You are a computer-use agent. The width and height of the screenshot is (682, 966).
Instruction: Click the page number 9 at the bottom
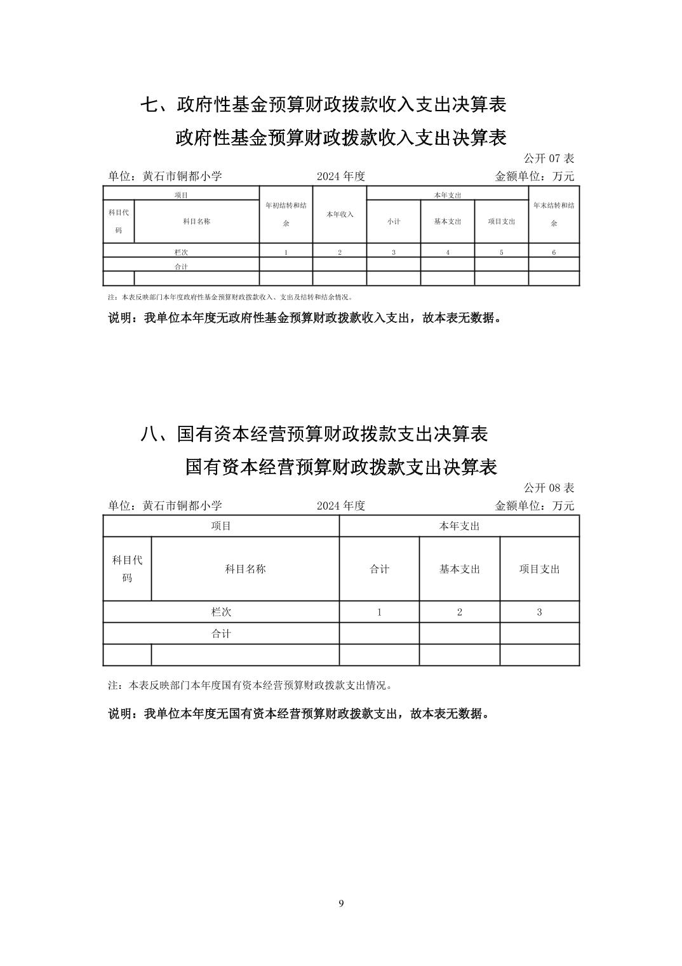click(x=341, y=904)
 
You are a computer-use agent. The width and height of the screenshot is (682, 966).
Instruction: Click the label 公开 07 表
click(x=549, y=158)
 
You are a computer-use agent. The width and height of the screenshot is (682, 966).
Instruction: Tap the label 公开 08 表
click(x=549, y=488)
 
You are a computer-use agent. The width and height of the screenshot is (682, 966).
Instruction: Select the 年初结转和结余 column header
click(x=286, y=214)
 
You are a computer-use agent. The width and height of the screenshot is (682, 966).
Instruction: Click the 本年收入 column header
click(x=340, y=215)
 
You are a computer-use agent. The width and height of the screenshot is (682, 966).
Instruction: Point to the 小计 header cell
click(x=394, y=221)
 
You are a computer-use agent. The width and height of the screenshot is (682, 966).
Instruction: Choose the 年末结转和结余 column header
click(x=554, y=214)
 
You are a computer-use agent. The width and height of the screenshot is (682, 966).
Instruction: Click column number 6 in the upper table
click(x=554, y=252)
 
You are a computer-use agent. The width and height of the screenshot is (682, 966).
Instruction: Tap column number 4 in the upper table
click(x=448, y=252)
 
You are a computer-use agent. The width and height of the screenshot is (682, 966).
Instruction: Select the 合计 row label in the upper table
click(x=181, y=267)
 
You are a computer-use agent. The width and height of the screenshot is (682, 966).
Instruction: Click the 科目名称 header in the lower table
click(x=245, y=569)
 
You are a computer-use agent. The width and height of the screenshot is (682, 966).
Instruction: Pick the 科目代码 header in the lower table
click(x=127, y=569)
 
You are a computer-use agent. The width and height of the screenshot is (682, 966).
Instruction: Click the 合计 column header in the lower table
click(x=379, y=569)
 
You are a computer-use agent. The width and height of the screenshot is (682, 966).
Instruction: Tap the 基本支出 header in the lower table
click(x=459, y=569)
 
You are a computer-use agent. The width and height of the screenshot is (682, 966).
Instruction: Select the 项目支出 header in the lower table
click(x=539, y=569)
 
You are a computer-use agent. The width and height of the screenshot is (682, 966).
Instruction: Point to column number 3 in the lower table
click(x=539, y=612)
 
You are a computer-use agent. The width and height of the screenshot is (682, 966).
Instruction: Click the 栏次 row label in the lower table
click(x=221, y=612)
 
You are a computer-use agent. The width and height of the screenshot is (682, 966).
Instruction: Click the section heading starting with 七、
click(x=323, y=105)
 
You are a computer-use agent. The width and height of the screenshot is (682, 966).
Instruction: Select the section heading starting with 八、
click(x=314, y=434)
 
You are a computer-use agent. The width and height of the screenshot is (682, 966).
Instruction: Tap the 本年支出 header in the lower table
click(x=459, y=526)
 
